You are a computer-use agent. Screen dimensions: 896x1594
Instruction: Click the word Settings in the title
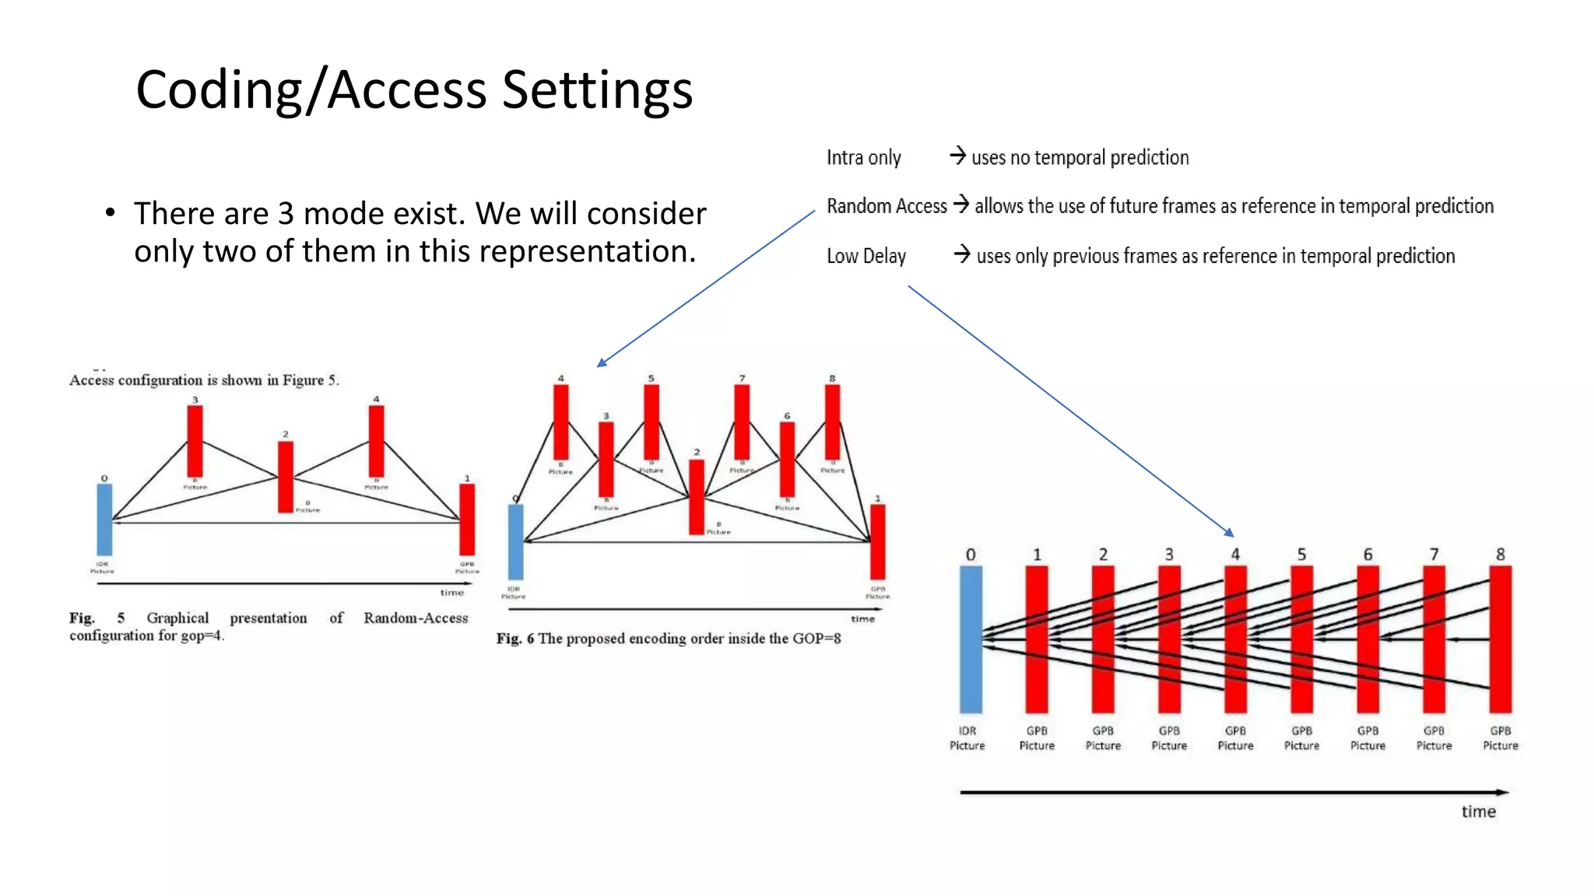coord(597,89)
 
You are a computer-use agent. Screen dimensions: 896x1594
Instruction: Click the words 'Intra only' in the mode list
coord(863,158)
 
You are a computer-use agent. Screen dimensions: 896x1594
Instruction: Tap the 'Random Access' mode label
coord(886,206)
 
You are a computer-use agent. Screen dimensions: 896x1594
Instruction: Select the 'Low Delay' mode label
coord(865,256)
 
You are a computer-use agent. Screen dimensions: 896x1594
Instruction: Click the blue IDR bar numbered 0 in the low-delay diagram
coord(971,639)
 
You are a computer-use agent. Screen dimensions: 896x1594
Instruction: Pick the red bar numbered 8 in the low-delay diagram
coord(1500,639)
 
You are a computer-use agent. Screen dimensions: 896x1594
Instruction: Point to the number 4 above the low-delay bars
coord(1235,555)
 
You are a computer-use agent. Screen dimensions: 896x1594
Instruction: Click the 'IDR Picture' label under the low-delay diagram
coord(967,738)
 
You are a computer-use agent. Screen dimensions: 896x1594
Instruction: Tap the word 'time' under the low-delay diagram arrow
coord(1478,812)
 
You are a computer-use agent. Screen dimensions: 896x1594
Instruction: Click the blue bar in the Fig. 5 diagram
coord(104,519)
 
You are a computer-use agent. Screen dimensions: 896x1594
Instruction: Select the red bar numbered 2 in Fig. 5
coord(286,477)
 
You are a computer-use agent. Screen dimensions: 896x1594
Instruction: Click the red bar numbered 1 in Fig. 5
coord(467,519)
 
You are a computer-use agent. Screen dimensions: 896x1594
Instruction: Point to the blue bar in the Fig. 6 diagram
coord(515,541)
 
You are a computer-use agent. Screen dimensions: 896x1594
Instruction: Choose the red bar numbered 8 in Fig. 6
coord(832,422)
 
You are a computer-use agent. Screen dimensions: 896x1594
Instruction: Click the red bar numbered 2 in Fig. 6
coord(697,496)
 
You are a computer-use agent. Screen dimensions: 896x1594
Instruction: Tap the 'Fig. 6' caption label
coord(514,639)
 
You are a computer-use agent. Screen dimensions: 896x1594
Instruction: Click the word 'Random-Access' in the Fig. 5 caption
coord(416,618)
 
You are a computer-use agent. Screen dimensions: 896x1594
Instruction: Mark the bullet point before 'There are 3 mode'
coord(111,213)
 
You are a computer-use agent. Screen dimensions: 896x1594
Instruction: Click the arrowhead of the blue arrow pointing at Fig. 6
coord(600,363)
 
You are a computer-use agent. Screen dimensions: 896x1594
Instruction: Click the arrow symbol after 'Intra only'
coord(958,156)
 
